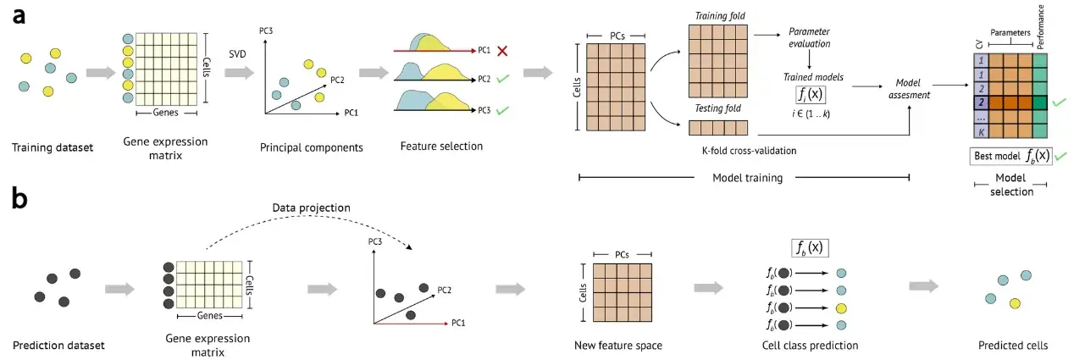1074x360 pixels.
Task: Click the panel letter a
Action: click(x=18, y=16)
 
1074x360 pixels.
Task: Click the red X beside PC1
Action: click(x=502, y=51)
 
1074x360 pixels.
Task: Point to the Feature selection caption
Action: click(x=441, y=146)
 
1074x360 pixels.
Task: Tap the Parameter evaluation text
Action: click(x=810, y=38)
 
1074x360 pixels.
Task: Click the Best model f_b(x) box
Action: click(x=1010, y=157)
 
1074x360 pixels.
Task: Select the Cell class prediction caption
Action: click(x=809, y=345)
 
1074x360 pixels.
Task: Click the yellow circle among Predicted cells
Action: click(x=1014, y=303)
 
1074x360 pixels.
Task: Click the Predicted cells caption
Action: click(x=1012, y=345)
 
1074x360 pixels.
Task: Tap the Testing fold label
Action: click(x=716, y=108)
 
